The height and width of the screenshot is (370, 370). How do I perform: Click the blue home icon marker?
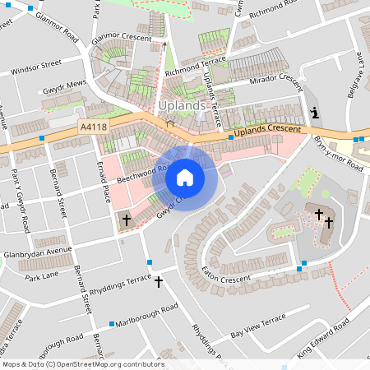(185, 178)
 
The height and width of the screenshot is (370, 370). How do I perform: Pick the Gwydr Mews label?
(64, 85)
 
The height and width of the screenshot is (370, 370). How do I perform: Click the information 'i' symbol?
(313, 113)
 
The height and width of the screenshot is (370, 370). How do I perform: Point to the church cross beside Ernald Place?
(126, 220)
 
